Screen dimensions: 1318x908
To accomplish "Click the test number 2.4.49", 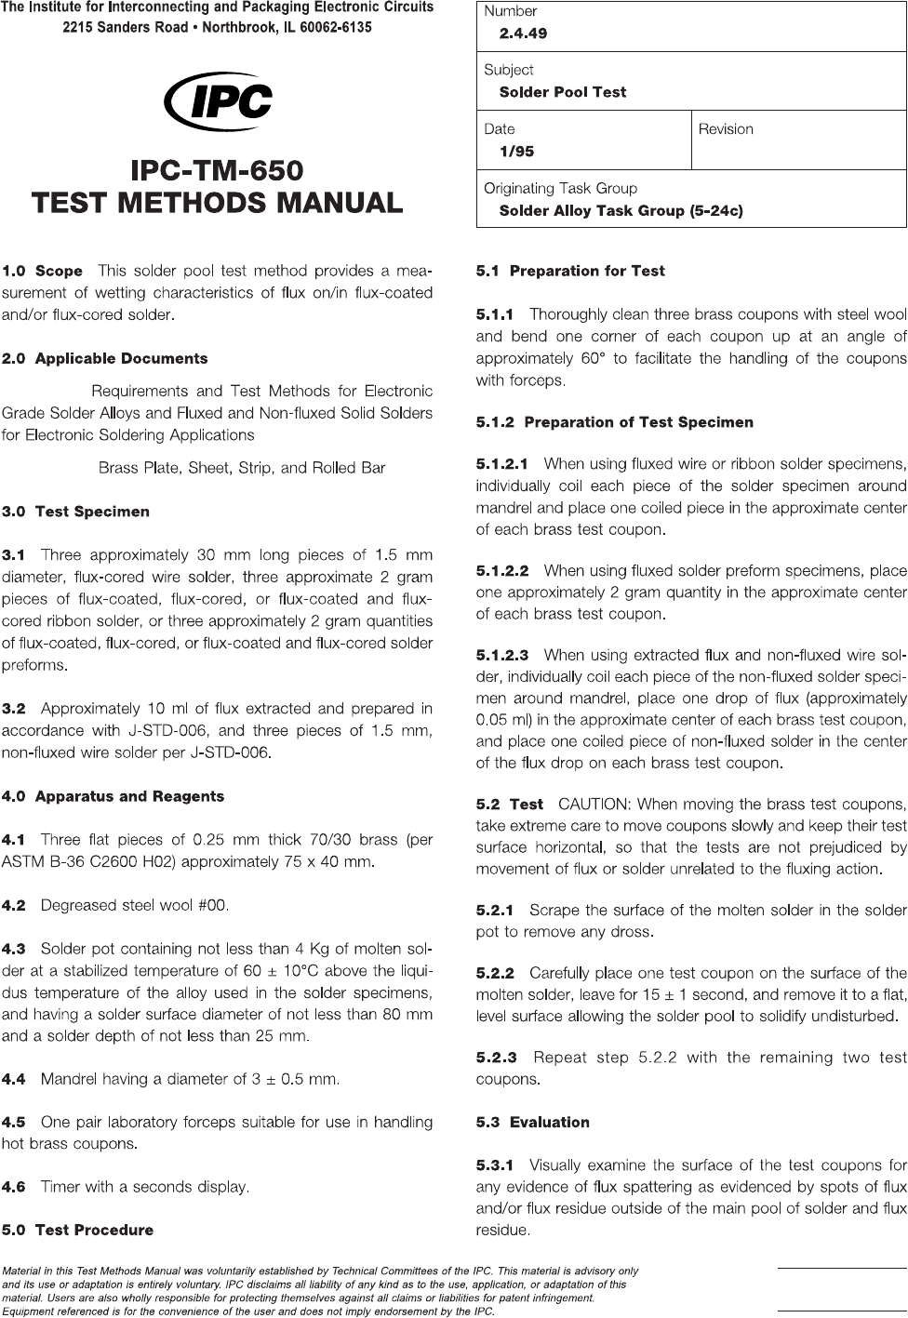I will [523, 33].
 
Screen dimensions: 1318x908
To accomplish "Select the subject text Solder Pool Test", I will [562, 92].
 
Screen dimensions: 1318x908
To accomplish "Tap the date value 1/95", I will [516, 152].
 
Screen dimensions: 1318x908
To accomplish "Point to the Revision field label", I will [726, 129].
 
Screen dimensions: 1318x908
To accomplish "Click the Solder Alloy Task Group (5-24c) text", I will [621, 211].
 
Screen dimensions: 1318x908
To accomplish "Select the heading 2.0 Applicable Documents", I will [104, 359].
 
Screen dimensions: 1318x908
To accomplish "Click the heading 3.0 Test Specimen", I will [75, 512].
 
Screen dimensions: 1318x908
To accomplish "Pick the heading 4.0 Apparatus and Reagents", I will [113, 796].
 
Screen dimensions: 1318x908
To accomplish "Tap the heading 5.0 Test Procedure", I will [77, 1230].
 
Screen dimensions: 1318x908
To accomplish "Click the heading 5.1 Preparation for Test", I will [570, 272].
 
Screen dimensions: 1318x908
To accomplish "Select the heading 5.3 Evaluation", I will [532, 1123].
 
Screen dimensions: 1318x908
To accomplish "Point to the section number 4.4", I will [14, 1080].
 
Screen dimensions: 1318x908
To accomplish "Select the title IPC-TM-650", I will [218, 171].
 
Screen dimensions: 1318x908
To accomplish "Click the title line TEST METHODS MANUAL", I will [218, 203].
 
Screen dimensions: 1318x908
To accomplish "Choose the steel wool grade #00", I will [211, 905].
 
